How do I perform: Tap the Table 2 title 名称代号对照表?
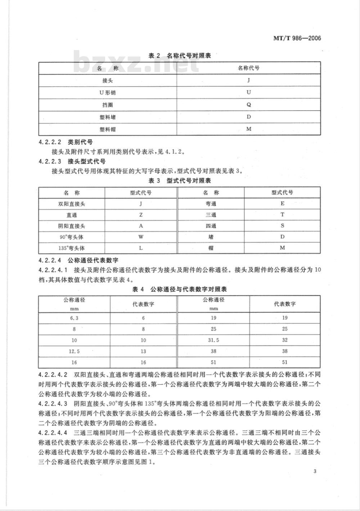click(180, 56)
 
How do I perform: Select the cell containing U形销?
click(108, 93)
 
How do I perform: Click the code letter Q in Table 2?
click(249, 105)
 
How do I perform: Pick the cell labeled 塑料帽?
click(108, 129)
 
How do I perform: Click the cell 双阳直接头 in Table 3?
click(72, 204)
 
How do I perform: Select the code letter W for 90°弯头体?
click(141, 237)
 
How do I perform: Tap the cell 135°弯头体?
click(72, 248)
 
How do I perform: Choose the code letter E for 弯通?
click(283, 203)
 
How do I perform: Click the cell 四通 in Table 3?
click(211, 226)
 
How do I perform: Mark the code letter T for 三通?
click(283, 215)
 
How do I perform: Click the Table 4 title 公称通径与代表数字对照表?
click(180, 289)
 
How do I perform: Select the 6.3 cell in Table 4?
click(74, 318)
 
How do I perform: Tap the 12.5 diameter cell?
click(74, 351)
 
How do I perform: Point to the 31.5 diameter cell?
click(213, 340)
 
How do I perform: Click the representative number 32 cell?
click(285, 340)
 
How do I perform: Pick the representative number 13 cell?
click(143, 351)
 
